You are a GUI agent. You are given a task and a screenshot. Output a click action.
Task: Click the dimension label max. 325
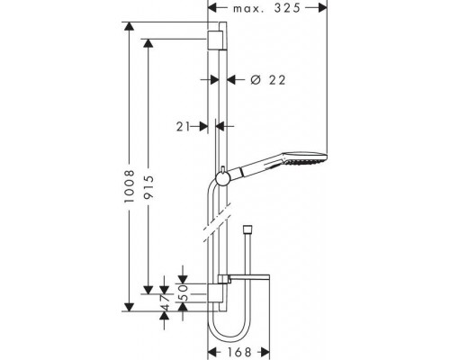click(266, 8)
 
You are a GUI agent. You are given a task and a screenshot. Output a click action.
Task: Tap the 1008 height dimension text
click(130, 186)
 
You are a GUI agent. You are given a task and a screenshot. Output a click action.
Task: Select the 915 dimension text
click(148, 187)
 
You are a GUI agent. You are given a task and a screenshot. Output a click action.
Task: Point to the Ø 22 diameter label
click(268, 80)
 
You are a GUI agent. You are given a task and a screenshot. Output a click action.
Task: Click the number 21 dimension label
click(183, 127)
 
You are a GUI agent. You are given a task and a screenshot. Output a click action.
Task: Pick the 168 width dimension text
click(239, 352)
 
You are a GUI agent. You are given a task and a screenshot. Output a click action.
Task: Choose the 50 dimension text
click(183, 292)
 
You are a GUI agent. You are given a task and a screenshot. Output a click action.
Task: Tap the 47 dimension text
click(164, 302)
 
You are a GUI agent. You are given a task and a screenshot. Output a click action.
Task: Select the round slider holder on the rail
click(222, 179)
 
